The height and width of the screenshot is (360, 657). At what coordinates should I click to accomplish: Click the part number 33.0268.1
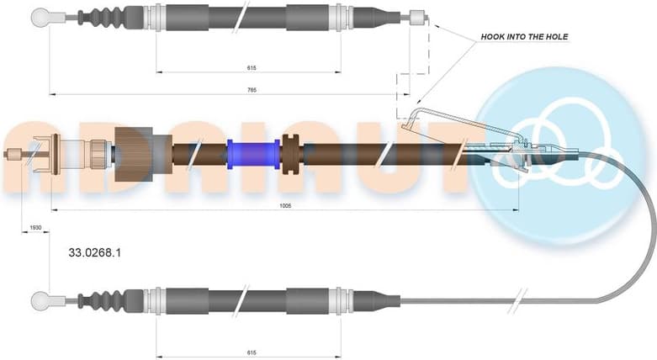95,251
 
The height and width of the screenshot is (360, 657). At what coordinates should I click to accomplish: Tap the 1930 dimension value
35,227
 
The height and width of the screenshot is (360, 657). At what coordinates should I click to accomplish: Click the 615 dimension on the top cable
251,67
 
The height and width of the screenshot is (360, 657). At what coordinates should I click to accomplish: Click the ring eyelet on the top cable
39,16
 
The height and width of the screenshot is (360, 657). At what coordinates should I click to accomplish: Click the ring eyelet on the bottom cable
39,299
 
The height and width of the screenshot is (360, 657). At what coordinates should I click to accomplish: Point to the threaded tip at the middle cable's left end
15,153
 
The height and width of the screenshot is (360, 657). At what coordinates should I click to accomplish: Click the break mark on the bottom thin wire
522,299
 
